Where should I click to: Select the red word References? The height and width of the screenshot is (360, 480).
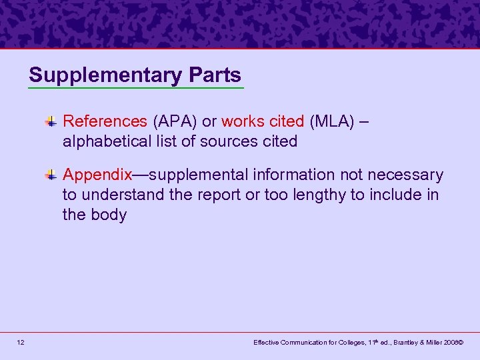[x=105, y=121]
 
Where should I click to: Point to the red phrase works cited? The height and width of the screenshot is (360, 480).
[x=263, y=121]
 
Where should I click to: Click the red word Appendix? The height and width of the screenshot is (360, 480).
[x=97, y=175]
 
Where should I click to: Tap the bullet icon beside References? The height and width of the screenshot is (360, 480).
[x=51, y=121]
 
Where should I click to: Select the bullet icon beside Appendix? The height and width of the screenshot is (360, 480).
[x=51, y=175]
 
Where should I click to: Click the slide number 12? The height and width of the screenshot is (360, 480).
[x=21, y=342]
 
